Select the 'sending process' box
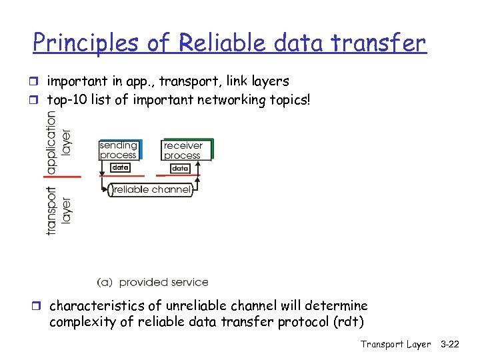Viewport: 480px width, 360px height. coord(119,150)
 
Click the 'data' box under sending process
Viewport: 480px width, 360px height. coord(119,168)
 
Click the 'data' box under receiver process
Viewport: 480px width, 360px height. coord(181,169)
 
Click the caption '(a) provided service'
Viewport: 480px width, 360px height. coord(153,282)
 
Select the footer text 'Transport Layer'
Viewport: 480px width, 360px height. coord(395,344)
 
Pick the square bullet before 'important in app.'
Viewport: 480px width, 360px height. coord(38,82)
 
